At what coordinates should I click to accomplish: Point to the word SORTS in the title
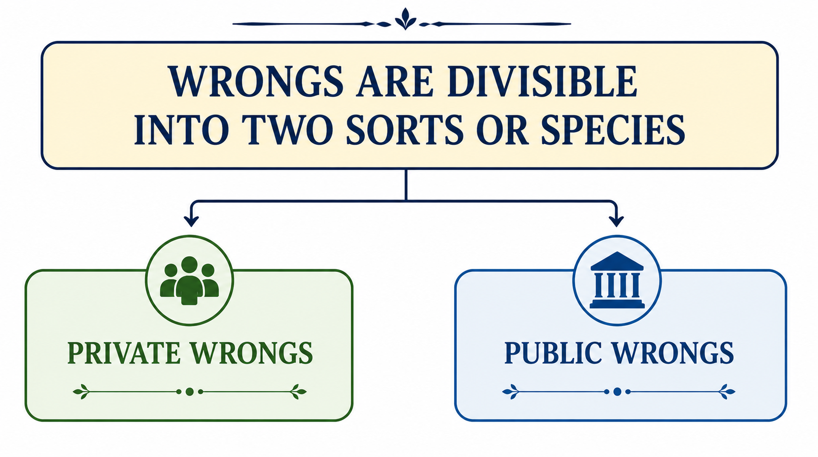pos(405,130)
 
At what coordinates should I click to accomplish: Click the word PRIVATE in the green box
pos(124,353)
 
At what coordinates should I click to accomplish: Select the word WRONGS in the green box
pos(252,353)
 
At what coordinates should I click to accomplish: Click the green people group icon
pos(190,280)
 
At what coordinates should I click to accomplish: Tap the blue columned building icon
pos(617,280)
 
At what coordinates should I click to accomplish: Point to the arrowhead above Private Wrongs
pos(191,221)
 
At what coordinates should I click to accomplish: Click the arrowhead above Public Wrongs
pos(617,221)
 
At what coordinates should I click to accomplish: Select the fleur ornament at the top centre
pos(405,19)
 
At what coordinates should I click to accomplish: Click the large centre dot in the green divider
pos(190,392)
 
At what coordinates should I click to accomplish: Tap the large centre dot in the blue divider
pos(617,392)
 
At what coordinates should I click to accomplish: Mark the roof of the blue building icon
pos(617,261)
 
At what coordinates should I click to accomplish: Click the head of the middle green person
pos(189,265)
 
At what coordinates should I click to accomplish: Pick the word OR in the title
pos(502,130)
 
